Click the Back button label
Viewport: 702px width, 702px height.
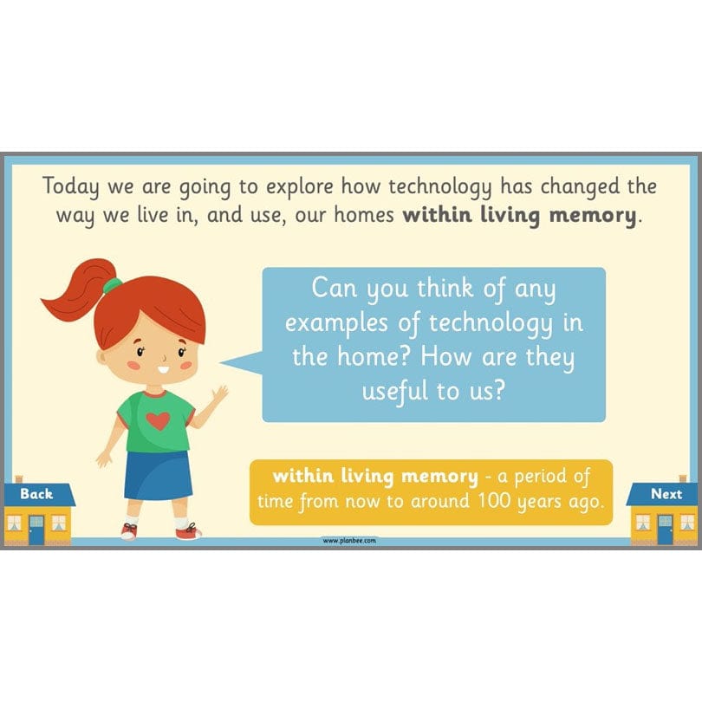(x=36, y=494)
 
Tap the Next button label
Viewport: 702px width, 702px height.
(x=666, y=494)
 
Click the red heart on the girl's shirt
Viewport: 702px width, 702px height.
(x=158, y=421)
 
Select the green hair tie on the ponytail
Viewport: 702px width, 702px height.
(x=112, y=285)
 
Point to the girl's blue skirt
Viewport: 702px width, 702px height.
(x=157, y=474)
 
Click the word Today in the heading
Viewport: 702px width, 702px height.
(x=71, y=186)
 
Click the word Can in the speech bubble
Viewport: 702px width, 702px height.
(x=335, y=288)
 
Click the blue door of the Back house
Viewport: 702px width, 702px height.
(x=36, y=529)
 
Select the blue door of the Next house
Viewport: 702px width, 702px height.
(x=665, y=529)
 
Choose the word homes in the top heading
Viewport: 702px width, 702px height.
(x=362, y=215)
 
